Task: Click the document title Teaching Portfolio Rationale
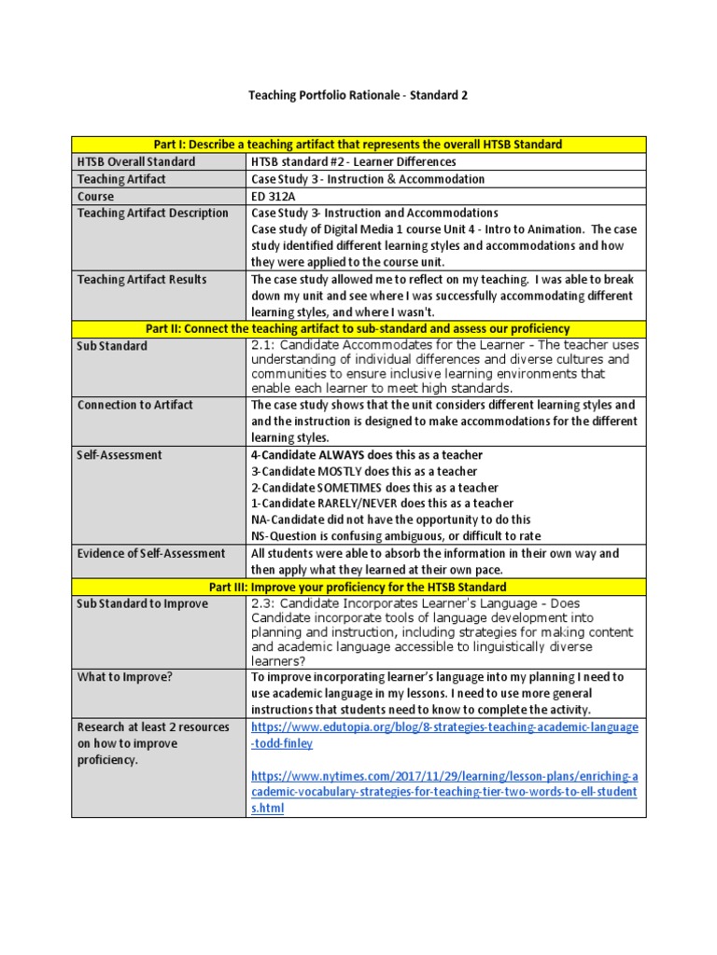click(x=358, y=95)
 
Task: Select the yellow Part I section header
click(x=358, y=144)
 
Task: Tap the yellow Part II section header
click(x=358, y=328)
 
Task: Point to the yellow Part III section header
click(x=358, y=587)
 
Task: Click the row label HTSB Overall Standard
click(x=136, y=161)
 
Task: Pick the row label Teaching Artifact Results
click(x=142, y=280)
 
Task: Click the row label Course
click(x=96, y=197)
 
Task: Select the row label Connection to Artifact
click(x=135, y=405)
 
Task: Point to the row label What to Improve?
click(x=125, y=677)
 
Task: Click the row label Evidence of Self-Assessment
click(x=151, y=553)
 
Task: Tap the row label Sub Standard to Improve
click(x=143, y=603)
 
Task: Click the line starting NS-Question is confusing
click(x=396, y=535)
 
